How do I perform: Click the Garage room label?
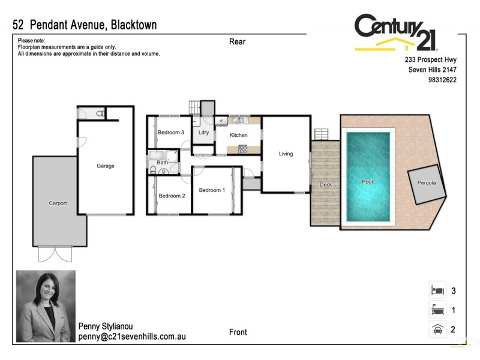click(x=106, y=166)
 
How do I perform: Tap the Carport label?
click(x=58, y=203)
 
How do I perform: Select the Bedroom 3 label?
click(x=170, y=133)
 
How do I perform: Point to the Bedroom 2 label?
click(x=172, y=196)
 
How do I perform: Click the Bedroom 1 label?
click(x=212, y=190)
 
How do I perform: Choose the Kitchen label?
click(x=239, y=136)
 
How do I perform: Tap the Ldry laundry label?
click(x=203, y=133)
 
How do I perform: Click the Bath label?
click(x=163, y=163)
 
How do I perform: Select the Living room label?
click(x=286, y=154)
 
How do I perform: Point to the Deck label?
click(x=326, y=185)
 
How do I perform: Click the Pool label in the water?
click(x=367, y=181)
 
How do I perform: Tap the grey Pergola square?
click(x=427, y=182)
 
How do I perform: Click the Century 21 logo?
click(x=397, y=33)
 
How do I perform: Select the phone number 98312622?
click(x=443, y=80)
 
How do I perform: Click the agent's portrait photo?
click(x=46, y=305)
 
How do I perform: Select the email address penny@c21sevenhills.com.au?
click(x=132, y=337)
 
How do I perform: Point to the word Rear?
click(x=237, y=42)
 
